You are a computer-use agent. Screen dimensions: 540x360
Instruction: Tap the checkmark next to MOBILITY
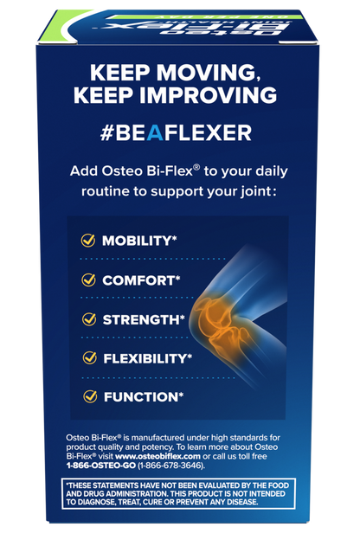pos(87,240)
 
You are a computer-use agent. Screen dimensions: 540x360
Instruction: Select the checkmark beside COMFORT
pos(87,280)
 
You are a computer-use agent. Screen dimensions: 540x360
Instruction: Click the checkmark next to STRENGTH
pos(87,319)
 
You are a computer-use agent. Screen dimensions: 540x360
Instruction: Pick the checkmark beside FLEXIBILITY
pos(87,357)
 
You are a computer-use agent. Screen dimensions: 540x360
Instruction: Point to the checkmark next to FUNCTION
pos(87,397)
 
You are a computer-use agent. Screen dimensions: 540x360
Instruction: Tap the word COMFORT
pos(141,280)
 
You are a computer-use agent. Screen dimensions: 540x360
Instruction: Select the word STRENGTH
pos(144,319)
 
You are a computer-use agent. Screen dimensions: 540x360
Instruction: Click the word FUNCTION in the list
pos(143,397)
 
